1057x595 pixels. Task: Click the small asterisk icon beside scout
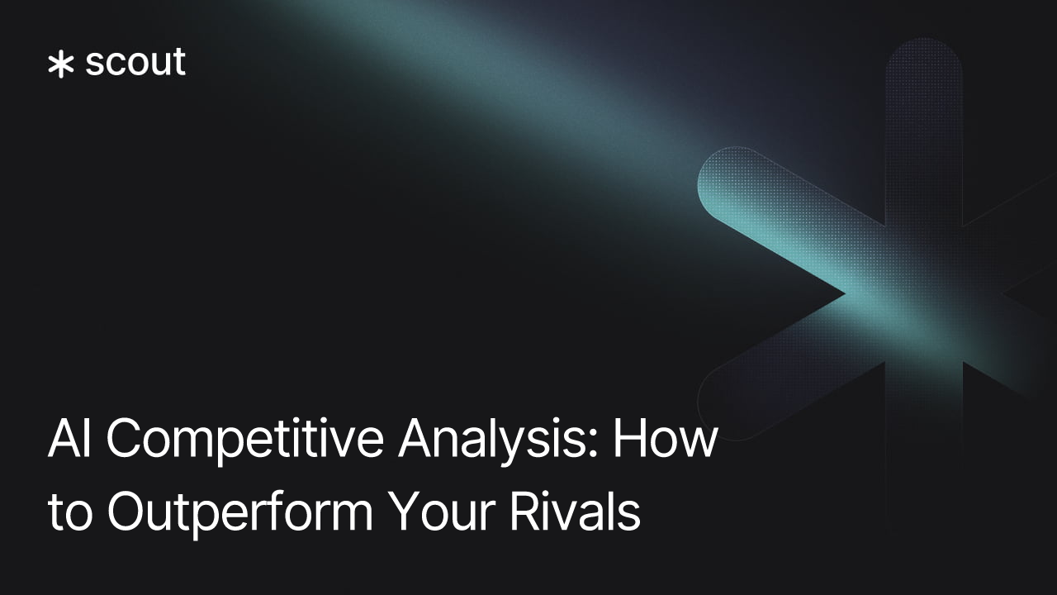tap(60, 65)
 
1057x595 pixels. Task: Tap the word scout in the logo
tap(135, 63)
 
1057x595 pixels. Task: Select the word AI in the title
tap(70, 440)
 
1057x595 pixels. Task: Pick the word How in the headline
tap(665, 440)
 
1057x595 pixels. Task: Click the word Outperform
tap(240, 512)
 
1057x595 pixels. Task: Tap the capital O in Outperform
tap(126, 512)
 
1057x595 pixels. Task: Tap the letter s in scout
tap(96, 65)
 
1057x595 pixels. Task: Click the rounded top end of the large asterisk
tap(923, 62)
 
